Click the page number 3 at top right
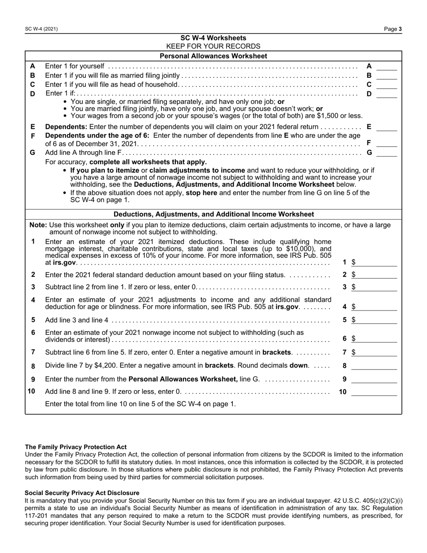tap(400, 29)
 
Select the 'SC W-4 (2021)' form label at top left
tap(41, 29)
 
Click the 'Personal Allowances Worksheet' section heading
tap(213, 56)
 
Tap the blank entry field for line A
tap(387, 66)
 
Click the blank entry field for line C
tap(387, 85)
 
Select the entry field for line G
tap(387, 153)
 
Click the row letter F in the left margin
tap(32, 135)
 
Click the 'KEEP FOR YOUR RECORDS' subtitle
tap(213, 46)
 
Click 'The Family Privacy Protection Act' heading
tap(76, 447)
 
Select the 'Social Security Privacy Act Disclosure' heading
tap(82, 493)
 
